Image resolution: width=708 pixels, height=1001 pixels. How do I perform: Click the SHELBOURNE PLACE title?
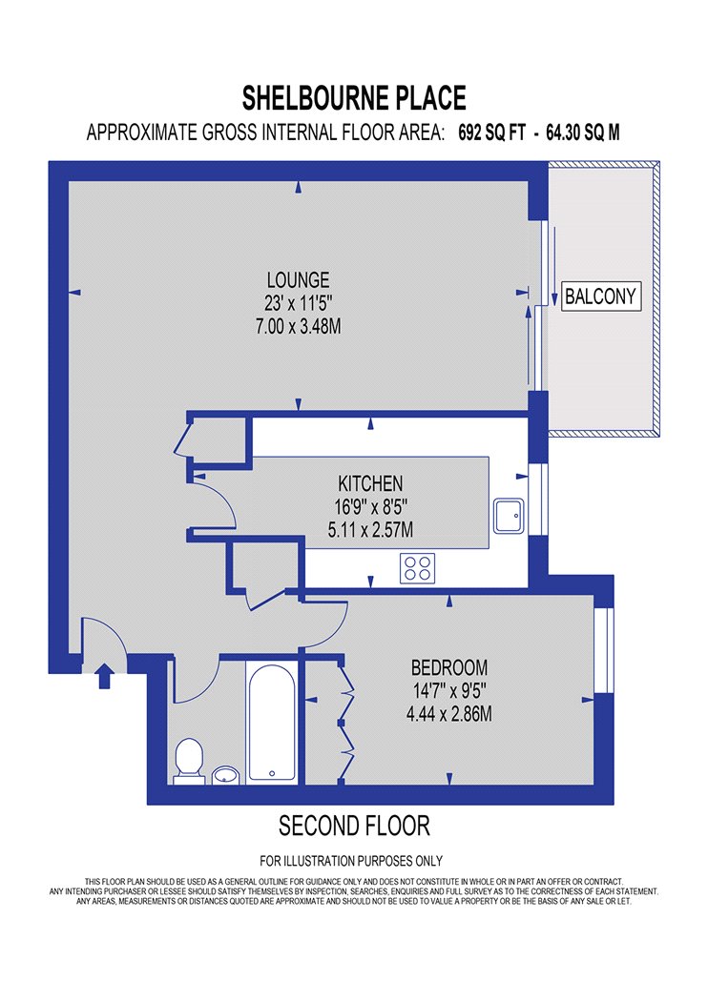point(354,98)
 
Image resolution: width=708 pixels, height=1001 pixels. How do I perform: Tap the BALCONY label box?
point(601,296)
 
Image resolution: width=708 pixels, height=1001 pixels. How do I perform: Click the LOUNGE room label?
point(299,280)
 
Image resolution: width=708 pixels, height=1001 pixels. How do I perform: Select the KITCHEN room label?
point(370,483)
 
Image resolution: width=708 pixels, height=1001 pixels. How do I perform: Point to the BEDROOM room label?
point(449,667)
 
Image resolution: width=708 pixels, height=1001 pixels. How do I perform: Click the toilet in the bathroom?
point(189,761)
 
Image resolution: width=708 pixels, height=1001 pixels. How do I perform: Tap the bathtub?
point(272,722)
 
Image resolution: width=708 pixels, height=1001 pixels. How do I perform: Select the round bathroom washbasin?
point(225,774)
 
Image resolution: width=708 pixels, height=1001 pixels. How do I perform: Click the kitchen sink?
point(509,516)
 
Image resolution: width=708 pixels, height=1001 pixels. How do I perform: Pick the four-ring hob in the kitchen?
point(417,568)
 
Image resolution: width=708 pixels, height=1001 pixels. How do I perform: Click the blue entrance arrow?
point(105,676)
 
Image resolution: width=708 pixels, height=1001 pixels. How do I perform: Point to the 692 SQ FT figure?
point(492,133)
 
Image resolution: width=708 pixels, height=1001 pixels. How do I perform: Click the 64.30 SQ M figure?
point(583,133)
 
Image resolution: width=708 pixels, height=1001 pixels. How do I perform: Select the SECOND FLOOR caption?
point(354,827)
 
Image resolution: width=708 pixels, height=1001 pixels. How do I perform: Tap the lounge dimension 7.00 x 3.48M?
point(299,327)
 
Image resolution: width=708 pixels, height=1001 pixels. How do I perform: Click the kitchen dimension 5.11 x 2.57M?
point(370,530)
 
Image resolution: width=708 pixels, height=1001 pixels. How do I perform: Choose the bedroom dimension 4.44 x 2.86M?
point(449,714)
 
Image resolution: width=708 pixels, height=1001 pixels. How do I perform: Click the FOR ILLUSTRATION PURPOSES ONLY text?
point(351,861)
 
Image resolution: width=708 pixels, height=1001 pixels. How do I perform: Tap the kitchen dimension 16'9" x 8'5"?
point(370,507)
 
